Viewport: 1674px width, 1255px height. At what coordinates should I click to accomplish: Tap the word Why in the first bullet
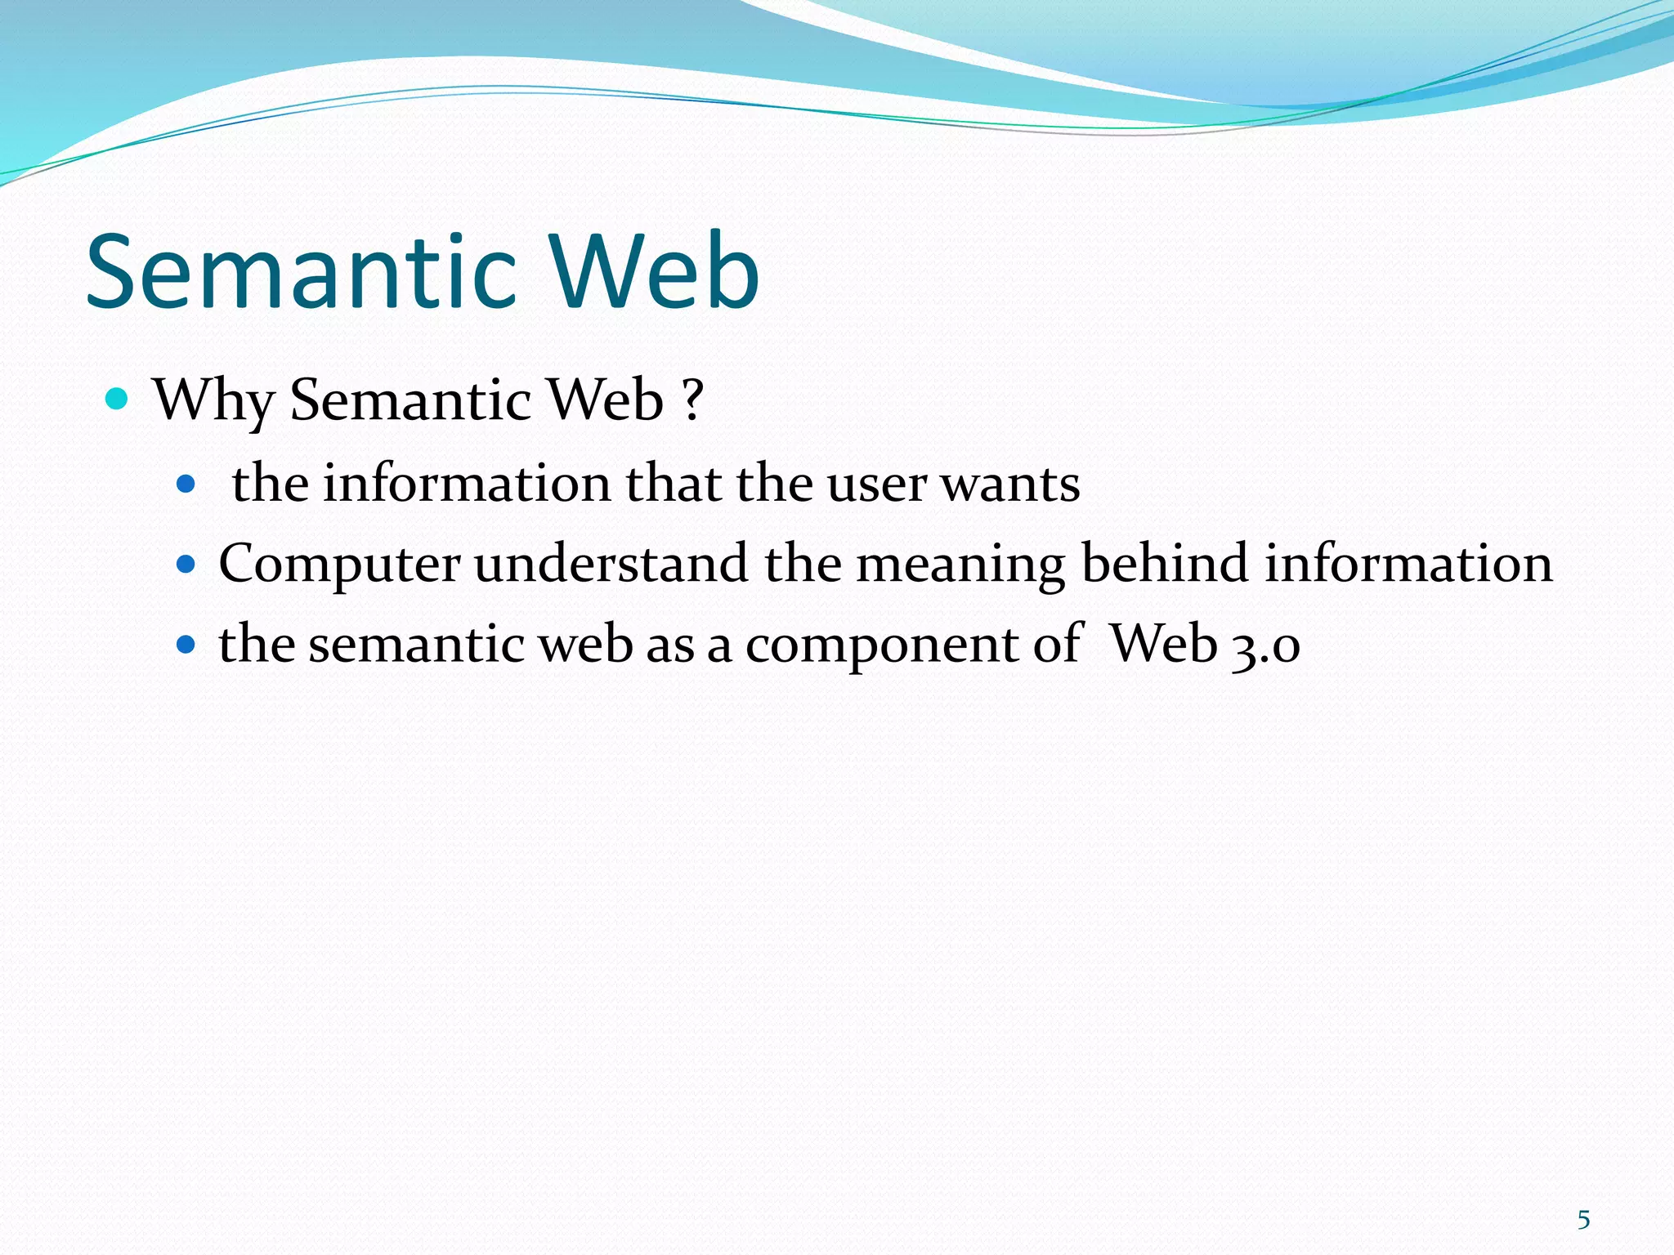click(214, 400)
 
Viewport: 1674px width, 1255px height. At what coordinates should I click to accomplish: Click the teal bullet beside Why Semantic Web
click(118, 400)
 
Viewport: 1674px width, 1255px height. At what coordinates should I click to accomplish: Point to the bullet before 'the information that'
click(186, 485)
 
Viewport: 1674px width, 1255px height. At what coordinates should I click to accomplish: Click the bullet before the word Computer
click(186, 564)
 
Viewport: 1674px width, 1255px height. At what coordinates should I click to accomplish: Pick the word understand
click(611, 564)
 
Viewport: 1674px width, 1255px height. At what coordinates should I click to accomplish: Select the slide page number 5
click(1583, 1220)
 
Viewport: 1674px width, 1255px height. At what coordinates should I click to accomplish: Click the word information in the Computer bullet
click(1408, 564)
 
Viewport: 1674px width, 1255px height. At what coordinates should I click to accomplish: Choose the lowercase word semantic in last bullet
click(416, 645)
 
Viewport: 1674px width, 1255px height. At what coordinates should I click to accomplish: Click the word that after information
click(674, 484)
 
